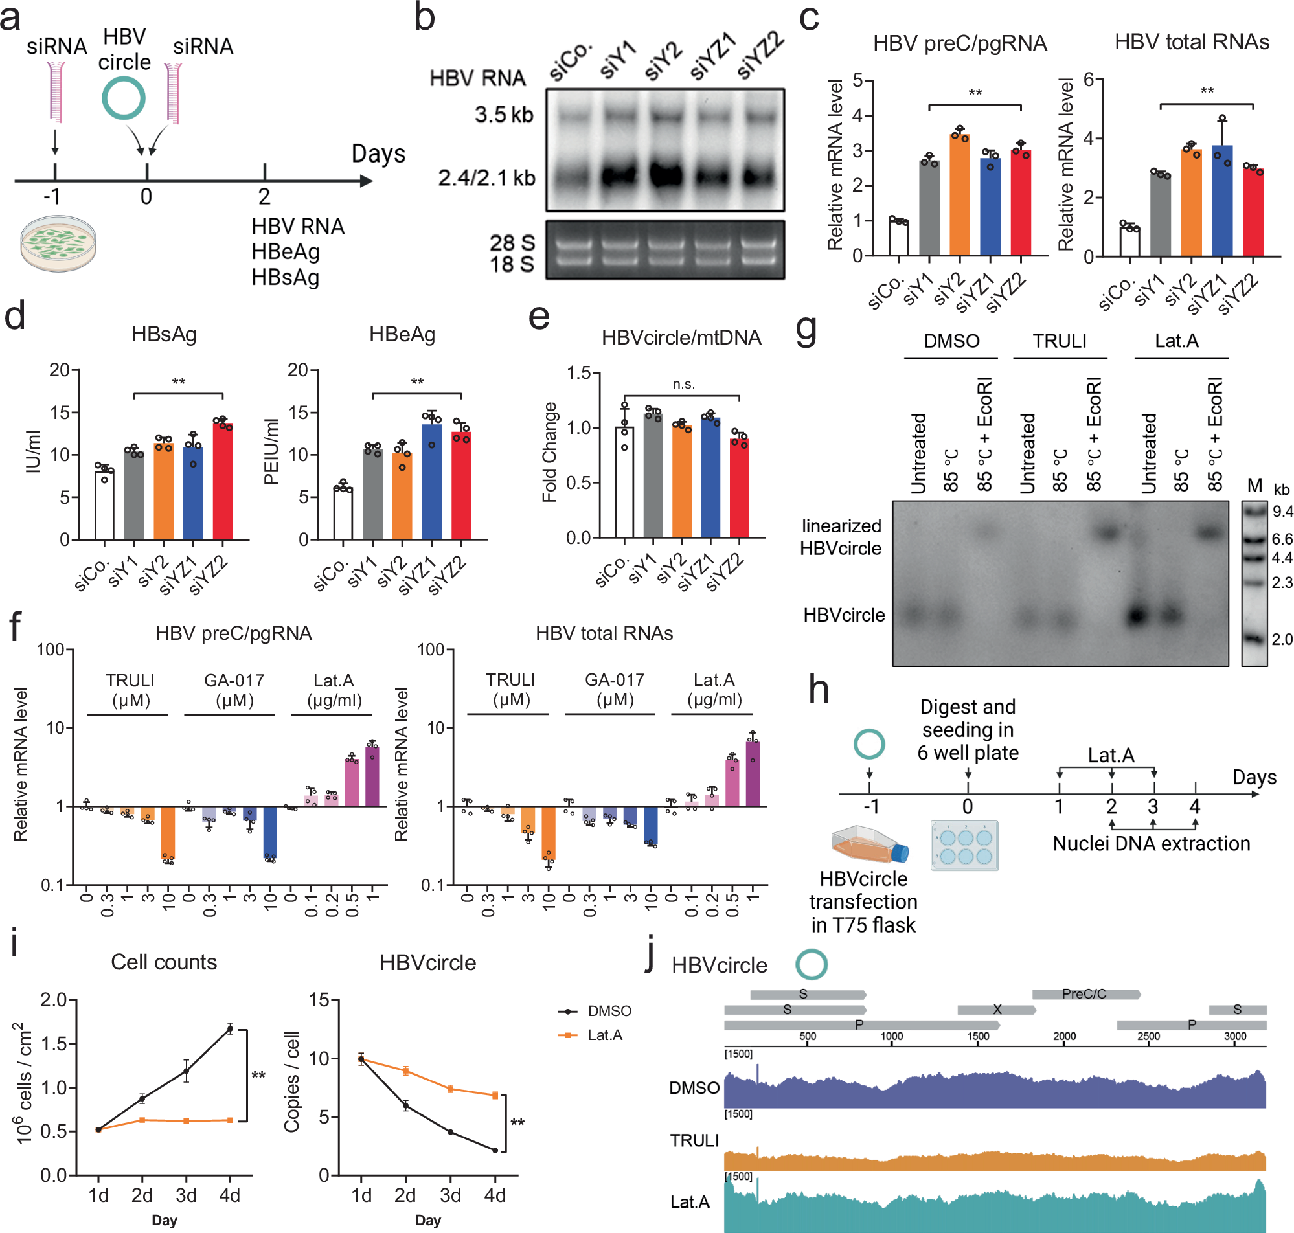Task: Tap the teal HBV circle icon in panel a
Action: point(124,98)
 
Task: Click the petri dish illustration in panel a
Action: point(58,243)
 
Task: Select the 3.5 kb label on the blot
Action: point(504,115)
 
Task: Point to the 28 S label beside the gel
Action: point(512,243)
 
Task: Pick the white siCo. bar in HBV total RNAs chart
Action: point(1129,241)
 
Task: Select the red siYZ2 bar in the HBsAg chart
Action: point(223,481)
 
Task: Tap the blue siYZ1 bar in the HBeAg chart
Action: point(432,483)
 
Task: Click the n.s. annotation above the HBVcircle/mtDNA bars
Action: point(683,385)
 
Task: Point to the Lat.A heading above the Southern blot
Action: point(1176,341)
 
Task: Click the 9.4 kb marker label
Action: point(1282,512)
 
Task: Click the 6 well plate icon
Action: point(964,846)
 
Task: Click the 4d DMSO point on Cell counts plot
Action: point(229,1029)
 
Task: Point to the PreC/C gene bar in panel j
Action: point(1084,995)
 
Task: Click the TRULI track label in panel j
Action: point(694,1141)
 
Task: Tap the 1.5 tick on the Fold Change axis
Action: point(579,374)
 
